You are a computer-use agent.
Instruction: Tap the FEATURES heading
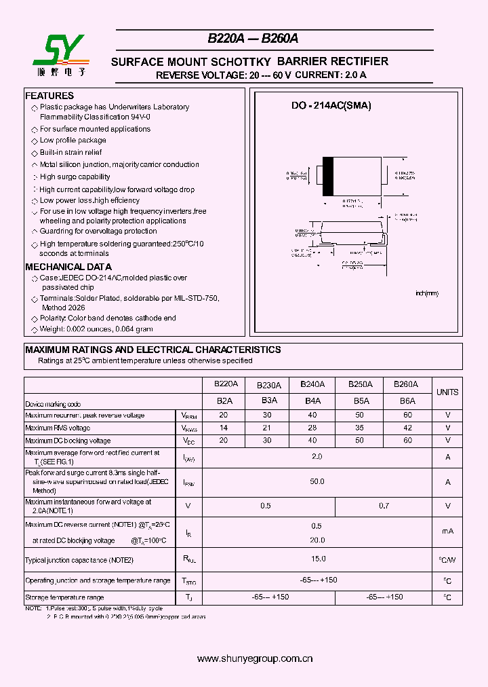(49, 96)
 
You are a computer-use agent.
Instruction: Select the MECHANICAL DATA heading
(68, 267)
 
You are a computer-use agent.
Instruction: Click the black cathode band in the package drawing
(328, 177)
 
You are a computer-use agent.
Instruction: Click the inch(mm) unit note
(427, 293)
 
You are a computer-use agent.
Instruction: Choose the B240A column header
(312, 384)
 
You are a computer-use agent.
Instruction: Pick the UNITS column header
(447, 392)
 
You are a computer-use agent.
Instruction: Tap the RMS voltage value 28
(312, 428)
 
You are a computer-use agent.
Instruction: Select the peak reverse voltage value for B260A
(407, 415)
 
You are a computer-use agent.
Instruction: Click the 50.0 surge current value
(317, 481)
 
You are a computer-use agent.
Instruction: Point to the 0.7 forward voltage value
(384, 506)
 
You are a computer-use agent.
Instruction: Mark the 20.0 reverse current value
(317, 540)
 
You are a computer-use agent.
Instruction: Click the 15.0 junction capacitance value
(318, 559)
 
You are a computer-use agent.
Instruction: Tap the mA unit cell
(447, 532)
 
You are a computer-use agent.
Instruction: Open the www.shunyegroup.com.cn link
(254, 658)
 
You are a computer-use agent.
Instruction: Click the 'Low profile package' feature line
(73, 141)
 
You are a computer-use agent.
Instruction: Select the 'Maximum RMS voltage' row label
(58, 428)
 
